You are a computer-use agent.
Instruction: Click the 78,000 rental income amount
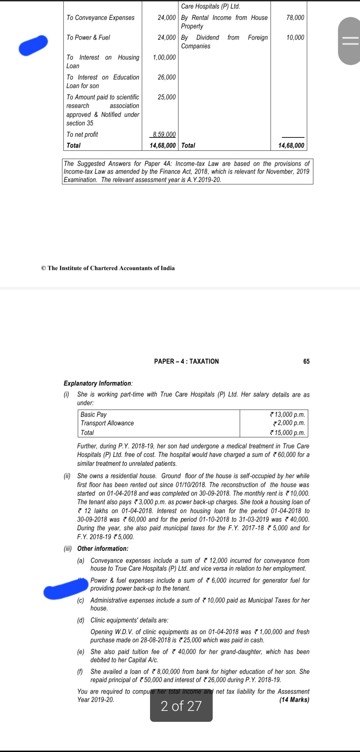pyautogui.click(x=295, y=17)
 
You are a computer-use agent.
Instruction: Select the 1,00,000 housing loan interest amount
pyautogui.click(x=164, y=57)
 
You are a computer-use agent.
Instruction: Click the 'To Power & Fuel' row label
pyautogui.click(x=88, y=37)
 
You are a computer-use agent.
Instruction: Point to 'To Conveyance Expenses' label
pyautogui.click(x=100, y=17)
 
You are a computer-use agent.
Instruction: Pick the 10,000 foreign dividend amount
pyautogui.click(x=295, y=37)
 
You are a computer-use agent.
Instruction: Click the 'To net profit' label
pyautogui.click(x=82, y=134)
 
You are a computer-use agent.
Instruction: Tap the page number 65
pyautogui.click(x=306, y=361)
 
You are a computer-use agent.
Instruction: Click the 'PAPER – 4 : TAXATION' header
pyautogui.click(x=186, y=361)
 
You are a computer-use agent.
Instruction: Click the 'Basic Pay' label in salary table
pyautogui.click(x=94, y=414)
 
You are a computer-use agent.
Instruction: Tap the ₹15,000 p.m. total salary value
pyautogui.click(x=288, y=433)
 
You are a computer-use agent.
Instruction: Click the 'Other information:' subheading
pyautogui.click(x=103, y=548)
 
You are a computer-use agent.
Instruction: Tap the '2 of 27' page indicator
pyautogui.click(x=181, y=706)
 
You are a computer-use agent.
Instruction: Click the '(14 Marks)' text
pyautogui.click(x=294, y=700)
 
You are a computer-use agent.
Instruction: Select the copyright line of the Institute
pyautogui.click(x=108, y=268)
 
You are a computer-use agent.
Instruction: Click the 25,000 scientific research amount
pyautogui.click(x=166, y=97)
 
